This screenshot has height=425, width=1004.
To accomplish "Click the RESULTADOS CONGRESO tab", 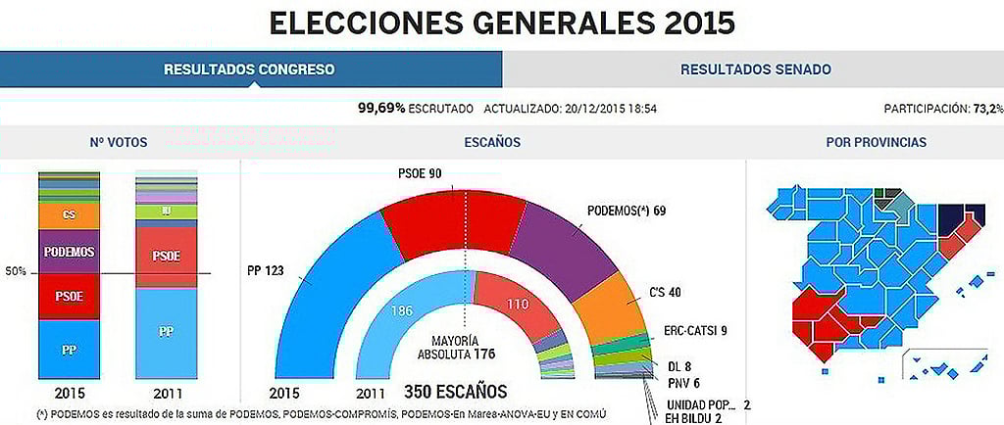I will point(249,70).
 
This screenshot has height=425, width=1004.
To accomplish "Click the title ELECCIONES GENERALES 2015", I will point(501,22).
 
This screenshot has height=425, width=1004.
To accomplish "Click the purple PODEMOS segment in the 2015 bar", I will point(69,252).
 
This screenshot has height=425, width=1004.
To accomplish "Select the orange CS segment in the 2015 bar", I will point(69,214).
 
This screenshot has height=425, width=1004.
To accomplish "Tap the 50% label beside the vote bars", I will point(16,273).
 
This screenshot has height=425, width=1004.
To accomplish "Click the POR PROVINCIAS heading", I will point(876,143).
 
